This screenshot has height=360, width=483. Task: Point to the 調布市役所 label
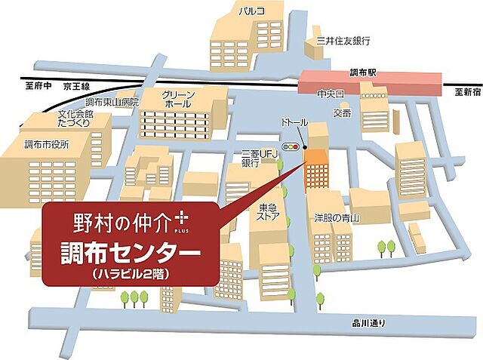(x=46, y=143)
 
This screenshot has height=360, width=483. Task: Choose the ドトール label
(x=294, y=122)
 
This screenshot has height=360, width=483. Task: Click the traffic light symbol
(x=291, y=145)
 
